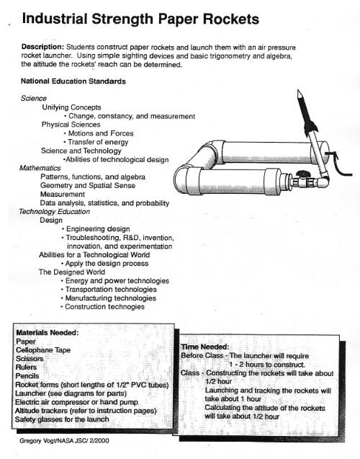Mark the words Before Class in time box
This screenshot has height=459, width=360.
[201, 357]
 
